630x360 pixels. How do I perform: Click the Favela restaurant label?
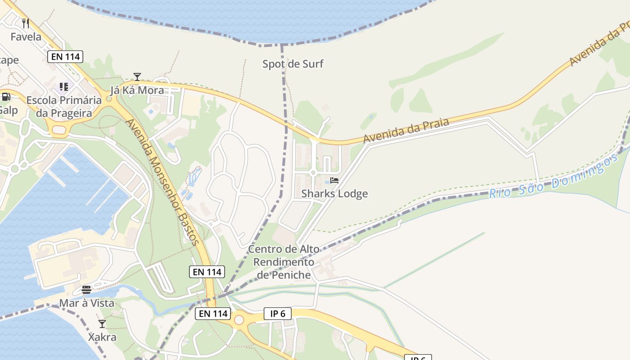point(26,37)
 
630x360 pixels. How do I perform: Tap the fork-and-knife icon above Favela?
point(26,23)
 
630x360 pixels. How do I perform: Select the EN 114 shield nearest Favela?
point(65,57)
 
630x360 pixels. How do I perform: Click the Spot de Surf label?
point(293,64)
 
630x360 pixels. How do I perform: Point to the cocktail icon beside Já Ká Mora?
point(137,77)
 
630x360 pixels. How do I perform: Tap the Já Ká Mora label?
point(137,90)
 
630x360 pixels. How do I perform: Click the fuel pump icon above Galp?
point(6,96)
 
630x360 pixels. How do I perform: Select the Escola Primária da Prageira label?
point(63,107)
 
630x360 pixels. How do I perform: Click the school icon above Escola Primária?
point(63,86)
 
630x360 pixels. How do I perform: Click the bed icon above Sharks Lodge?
point(334,180)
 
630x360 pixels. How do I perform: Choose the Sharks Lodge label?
point(334,194)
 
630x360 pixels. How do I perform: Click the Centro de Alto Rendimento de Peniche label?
point(283,262)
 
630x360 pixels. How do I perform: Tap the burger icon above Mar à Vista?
point(86,289)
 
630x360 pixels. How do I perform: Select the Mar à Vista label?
point(87,303)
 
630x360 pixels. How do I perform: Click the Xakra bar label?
point(102,337)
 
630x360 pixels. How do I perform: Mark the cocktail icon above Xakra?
point(102,324)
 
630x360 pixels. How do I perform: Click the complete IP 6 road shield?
point(278,314)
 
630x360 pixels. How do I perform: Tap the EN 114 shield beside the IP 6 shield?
point(212,314)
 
